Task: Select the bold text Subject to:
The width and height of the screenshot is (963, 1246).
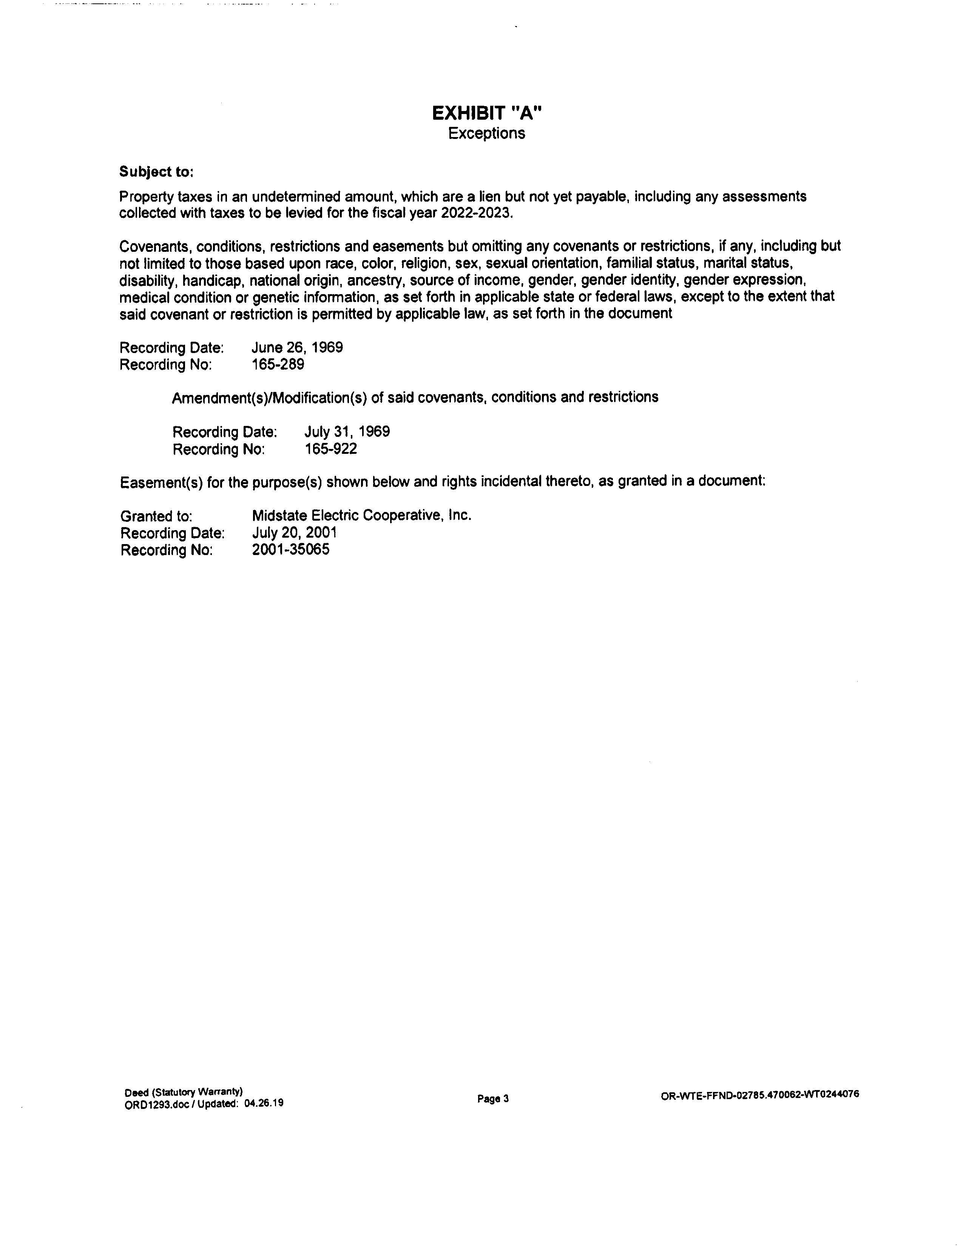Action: pos(156,172)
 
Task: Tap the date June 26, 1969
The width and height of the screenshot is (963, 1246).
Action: pos(297,347)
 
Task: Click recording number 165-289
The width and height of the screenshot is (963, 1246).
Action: pos(278,365)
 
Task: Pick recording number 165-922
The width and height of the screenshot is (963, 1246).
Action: pos(331,449)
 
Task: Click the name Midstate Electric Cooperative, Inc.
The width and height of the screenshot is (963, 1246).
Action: pos(362,516)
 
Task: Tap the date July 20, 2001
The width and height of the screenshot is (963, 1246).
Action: pos(295,533)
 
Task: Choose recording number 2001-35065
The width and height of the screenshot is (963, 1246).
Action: pos(290,550)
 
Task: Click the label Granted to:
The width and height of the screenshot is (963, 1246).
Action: pos(156,516)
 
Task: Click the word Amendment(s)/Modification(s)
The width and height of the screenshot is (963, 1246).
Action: pos(269,398)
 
